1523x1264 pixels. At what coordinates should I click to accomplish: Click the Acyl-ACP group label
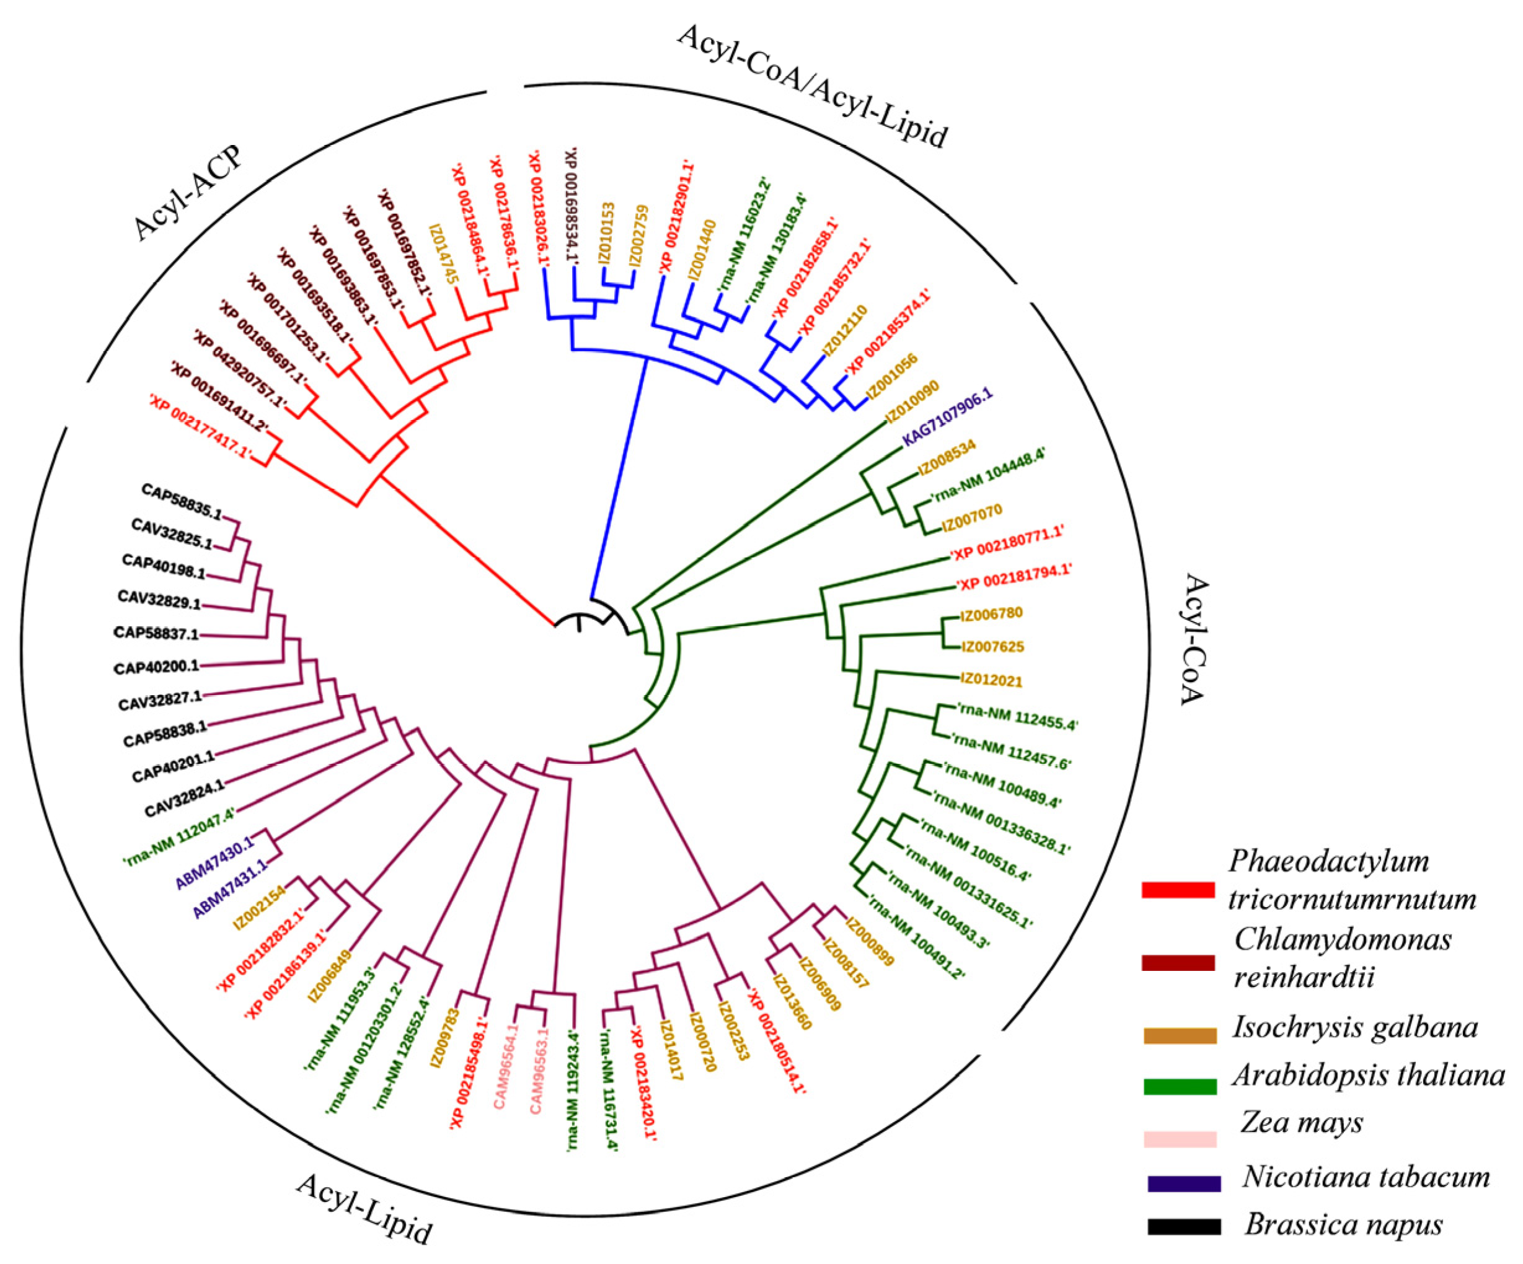(187, 191)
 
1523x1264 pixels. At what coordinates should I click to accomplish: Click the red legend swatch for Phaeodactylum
(1178, 889)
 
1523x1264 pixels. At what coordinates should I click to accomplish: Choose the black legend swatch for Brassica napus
(1183, 1226)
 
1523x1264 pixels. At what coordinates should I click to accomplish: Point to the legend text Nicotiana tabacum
(1366, 1177)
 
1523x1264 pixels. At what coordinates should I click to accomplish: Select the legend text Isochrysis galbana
(1355, 1027)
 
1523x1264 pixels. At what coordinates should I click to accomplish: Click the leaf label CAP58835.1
(181, 501)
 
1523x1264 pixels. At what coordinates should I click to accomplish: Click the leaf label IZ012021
(991, 680)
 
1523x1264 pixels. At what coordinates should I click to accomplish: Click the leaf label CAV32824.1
(184, 797)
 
